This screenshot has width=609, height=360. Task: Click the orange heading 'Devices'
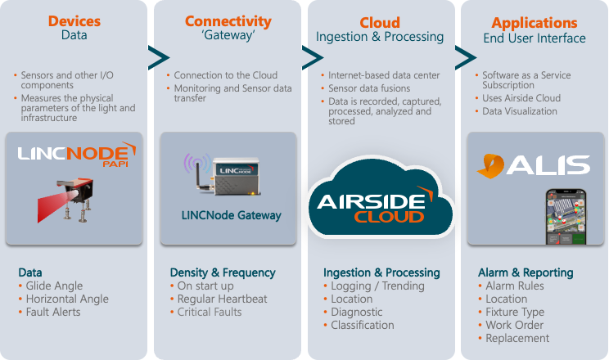pos(75,20)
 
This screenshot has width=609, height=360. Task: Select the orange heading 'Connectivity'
pos(228,20)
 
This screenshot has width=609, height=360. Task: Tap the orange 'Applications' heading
pos(534,22)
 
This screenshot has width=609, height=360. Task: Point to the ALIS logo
pos(533,164)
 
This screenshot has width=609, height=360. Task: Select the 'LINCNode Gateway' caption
pos(231,216)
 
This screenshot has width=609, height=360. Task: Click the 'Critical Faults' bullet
pos(210,312)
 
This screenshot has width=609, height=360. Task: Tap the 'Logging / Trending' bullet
pos(377,286)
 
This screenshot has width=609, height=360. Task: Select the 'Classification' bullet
pos(363,325)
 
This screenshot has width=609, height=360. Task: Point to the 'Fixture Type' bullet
pos(515,312)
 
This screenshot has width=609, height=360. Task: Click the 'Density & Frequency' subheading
pos(223,272)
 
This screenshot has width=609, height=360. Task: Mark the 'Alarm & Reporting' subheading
pos(526,272)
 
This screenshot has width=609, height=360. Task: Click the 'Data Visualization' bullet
pos(520,111)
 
